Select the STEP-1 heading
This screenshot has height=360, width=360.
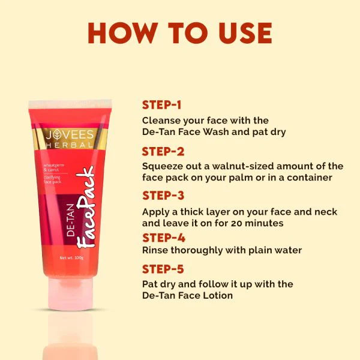162,104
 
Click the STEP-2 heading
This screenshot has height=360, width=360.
163,151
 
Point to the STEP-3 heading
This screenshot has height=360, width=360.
163,196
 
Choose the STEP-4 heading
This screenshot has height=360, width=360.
163,238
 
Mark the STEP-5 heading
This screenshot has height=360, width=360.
163,269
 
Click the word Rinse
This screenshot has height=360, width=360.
155,250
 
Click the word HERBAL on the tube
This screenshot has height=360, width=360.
70,145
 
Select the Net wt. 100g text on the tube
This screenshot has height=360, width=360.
71,258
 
